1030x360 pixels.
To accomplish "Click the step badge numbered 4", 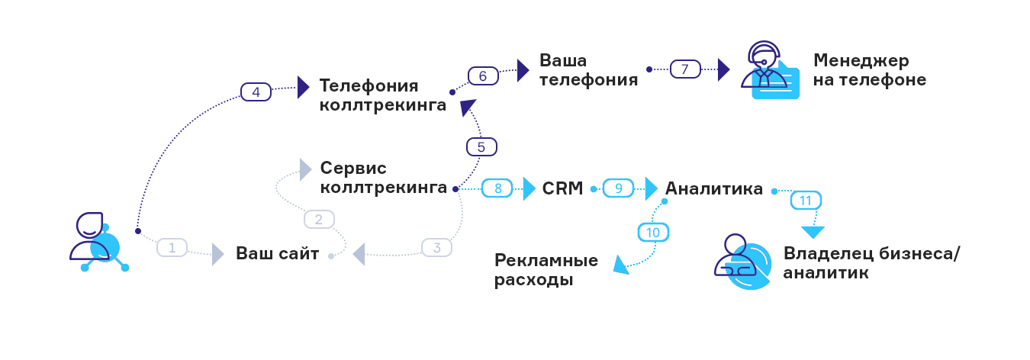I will (256, 92).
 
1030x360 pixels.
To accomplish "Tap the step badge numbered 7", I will (684, 69).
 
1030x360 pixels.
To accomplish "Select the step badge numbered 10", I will (652, 232).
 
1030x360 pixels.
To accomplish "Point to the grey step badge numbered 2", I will (319, 220).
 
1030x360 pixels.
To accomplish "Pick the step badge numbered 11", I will (805, 201).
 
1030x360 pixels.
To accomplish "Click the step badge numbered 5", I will (481, 146).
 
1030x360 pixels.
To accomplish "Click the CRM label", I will (562, 188).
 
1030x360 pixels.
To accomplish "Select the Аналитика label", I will (713, 188).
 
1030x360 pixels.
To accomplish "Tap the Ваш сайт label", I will (277, 254).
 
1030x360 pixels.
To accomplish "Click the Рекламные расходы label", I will (546, 270).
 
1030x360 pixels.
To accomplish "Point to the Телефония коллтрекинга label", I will (382, 95).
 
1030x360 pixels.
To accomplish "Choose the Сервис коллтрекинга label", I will (383, 177).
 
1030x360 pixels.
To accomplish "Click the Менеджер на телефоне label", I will (869, 70).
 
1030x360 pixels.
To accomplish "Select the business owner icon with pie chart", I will (739, 261).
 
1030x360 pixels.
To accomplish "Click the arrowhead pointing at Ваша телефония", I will (523, 70).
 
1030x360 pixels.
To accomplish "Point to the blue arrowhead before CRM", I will (529, 188).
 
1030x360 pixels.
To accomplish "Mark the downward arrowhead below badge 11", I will (813, 232).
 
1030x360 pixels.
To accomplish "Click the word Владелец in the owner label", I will (829, 254).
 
